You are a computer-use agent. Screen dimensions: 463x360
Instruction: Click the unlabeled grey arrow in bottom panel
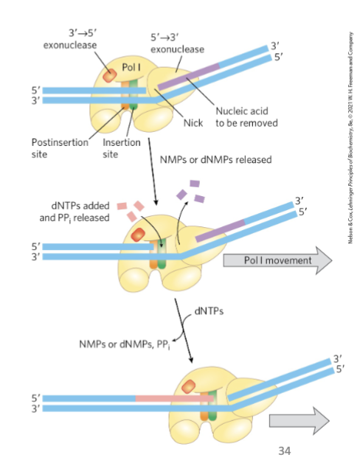click(298, 420)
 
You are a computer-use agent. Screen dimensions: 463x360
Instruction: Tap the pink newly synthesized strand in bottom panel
click(173, 398)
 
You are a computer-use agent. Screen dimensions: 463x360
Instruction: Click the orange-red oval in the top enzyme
click(111, 74)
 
